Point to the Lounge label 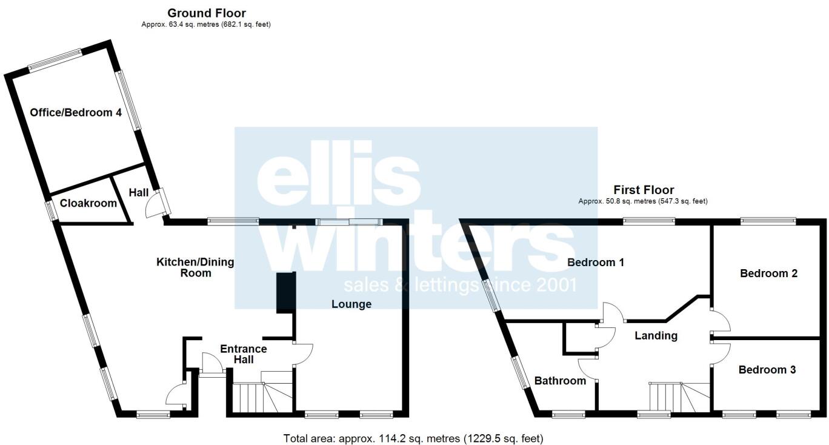[351, 304]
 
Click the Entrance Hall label [244, 354]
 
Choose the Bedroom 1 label [596, 263]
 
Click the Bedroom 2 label [768, 273]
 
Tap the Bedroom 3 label [767, 370]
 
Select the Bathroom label [560, 381]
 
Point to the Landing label [656, 335]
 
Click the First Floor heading [644, 190]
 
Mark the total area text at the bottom [413, 438]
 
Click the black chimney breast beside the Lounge [285, 293]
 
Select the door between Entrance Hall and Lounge [302, 355]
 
